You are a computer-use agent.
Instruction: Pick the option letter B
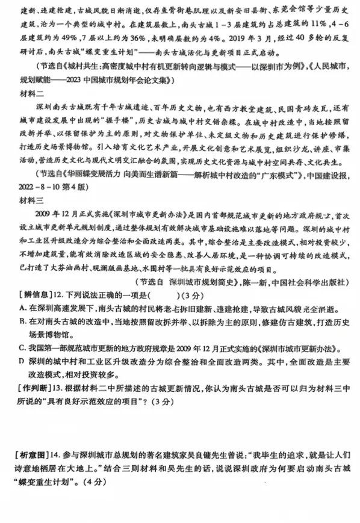click(23, 323)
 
